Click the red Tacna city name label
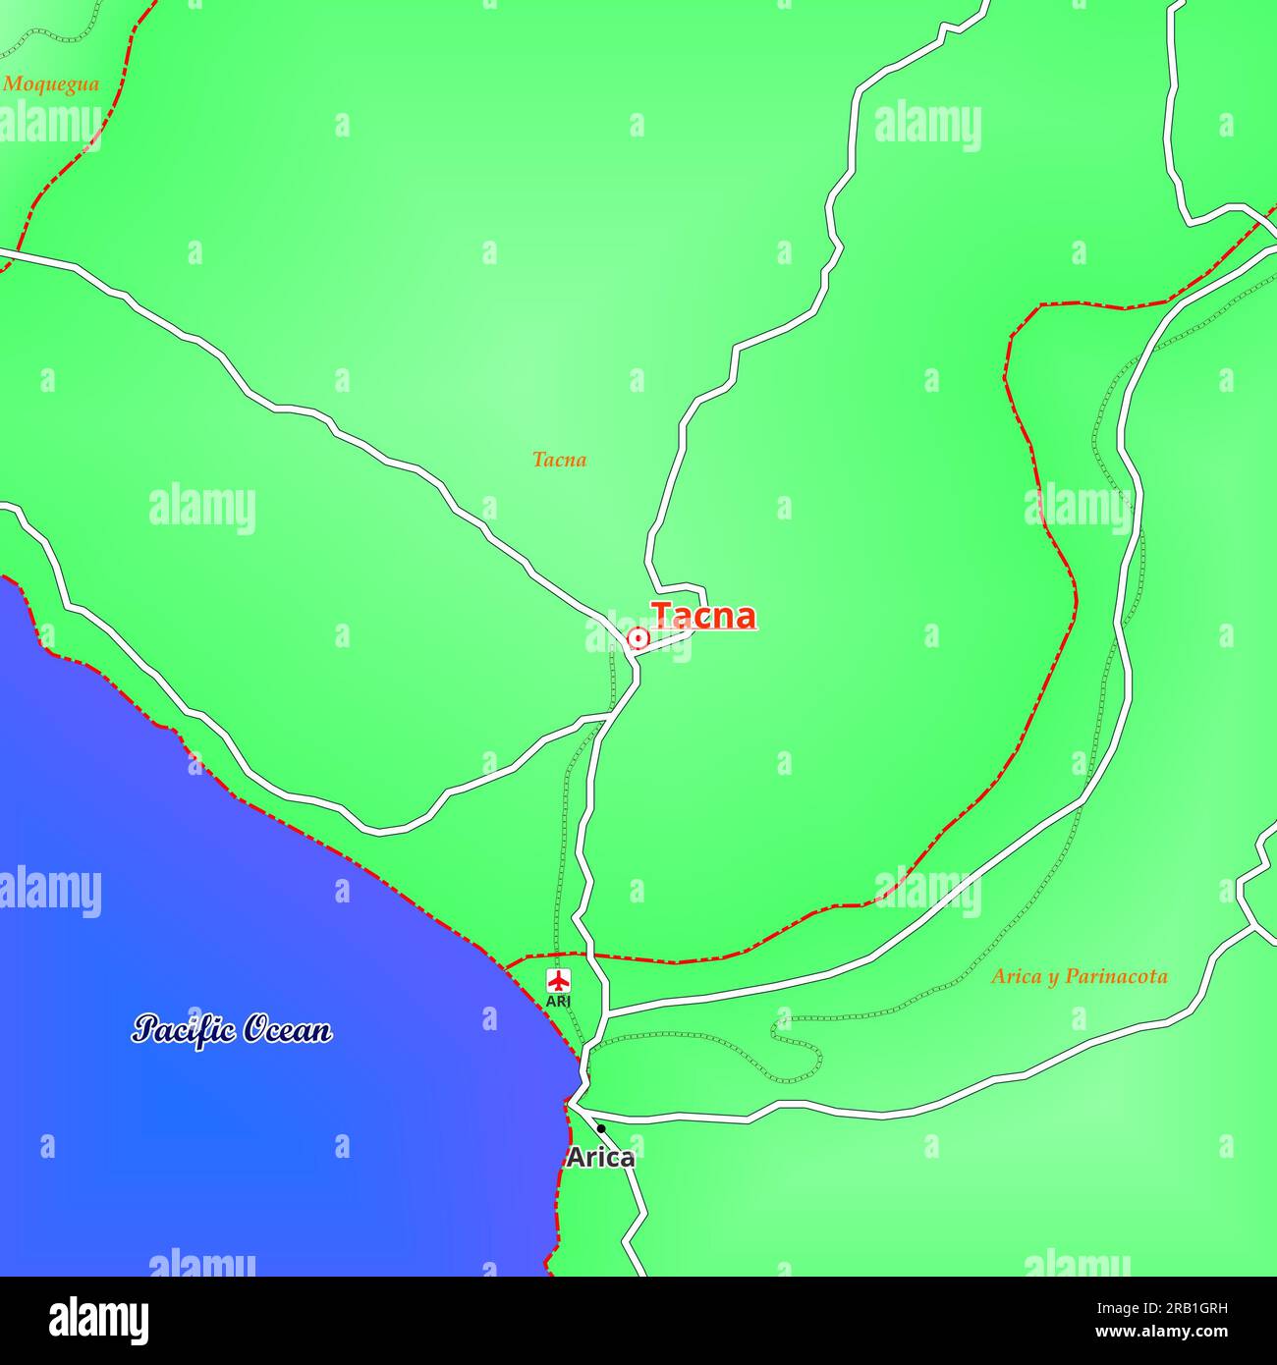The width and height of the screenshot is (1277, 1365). point(703,616)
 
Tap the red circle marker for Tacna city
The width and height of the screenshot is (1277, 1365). point(638,639)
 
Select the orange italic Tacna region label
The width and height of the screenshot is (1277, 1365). point(559,460)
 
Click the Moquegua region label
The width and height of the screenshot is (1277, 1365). point(51,84)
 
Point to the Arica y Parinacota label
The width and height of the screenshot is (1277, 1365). point(1079,976)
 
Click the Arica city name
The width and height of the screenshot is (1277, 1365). point(600,1158)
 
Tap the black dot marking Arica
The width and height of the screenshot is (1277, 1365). point(601,1129)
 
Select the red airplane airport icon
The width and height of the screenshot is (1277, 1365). point(558,980)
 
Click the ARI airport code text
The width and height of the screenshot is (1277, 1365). point(558,1001)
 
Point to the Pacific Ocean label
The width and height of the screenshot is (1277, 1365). point(232,1029)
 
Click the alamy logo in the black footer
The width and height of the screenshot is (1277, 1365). point(99,1321)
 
